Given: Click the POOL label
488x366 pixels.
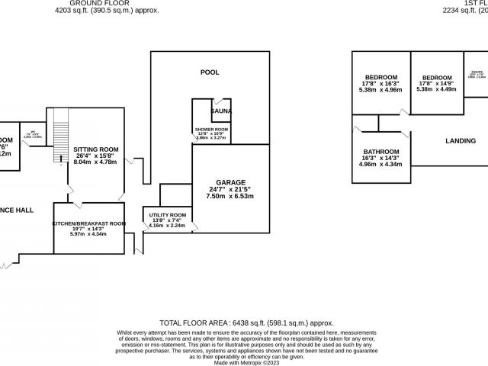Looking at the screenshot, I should pos(210,72).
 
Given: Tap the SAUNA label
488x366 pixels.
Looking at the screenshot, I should pos(222,111).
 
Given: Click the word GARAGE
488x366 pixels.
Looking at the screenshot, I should pos(230,182).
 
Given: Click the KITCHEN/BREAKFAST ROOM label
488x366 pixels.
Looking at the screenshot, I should pos(88,223).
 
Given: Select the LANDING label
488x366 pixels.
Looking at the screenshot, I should pos(460,141).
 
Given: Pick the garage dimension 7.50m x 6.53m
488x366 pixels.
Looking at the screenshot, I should pos(230,196).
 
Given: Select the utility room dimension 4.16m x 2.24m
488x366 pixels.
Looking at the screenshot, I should pos(167,226).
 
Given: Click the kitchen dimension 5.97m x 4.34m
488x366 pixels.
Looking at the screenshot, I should pos(88,234).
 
